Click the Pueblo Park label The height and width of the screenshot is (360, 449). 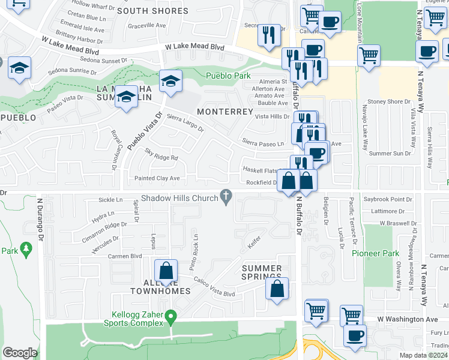tap(228, 76)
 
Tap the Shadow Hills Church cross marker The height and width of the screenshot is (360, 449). tap(226, 196)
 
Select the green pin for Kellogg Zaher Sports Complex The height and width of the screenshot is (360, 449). tap(171, 315)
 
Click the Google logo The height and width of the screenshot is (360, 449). tap(20, 353)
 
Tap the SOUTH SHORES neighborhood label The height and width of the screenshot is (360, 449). tap(152, 11)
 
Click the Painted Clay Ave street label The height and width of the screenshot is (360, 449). tap(157, 178)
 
